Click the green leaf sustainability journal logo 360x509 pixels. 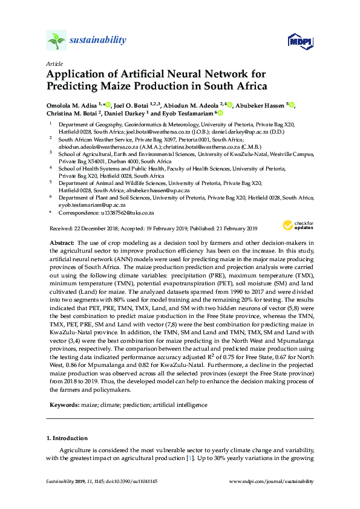[x=56, y=40]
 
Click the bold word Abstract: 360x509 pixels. [x=63, y=242]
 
